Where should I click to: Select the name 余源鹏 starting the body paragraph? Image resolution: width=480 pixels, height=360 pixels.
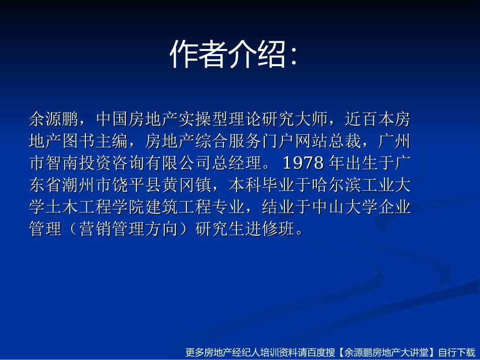pyautogui.click(x=54, y=120)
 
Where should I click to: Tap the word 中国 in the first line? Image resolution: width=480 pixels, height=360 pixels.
pyautogui.click(x=112, y=120)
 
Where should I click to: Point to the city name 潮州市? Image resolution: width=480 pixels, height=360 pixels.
pyautogui.click(x=87, y=186)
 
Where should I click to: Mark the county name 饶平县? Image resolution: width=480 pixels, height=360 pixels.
pyautogui.click(x=137, y=186)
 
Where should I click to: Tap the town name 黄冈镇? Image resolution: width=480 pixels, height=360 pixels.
pyautogui.click(x=187, y=186)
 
